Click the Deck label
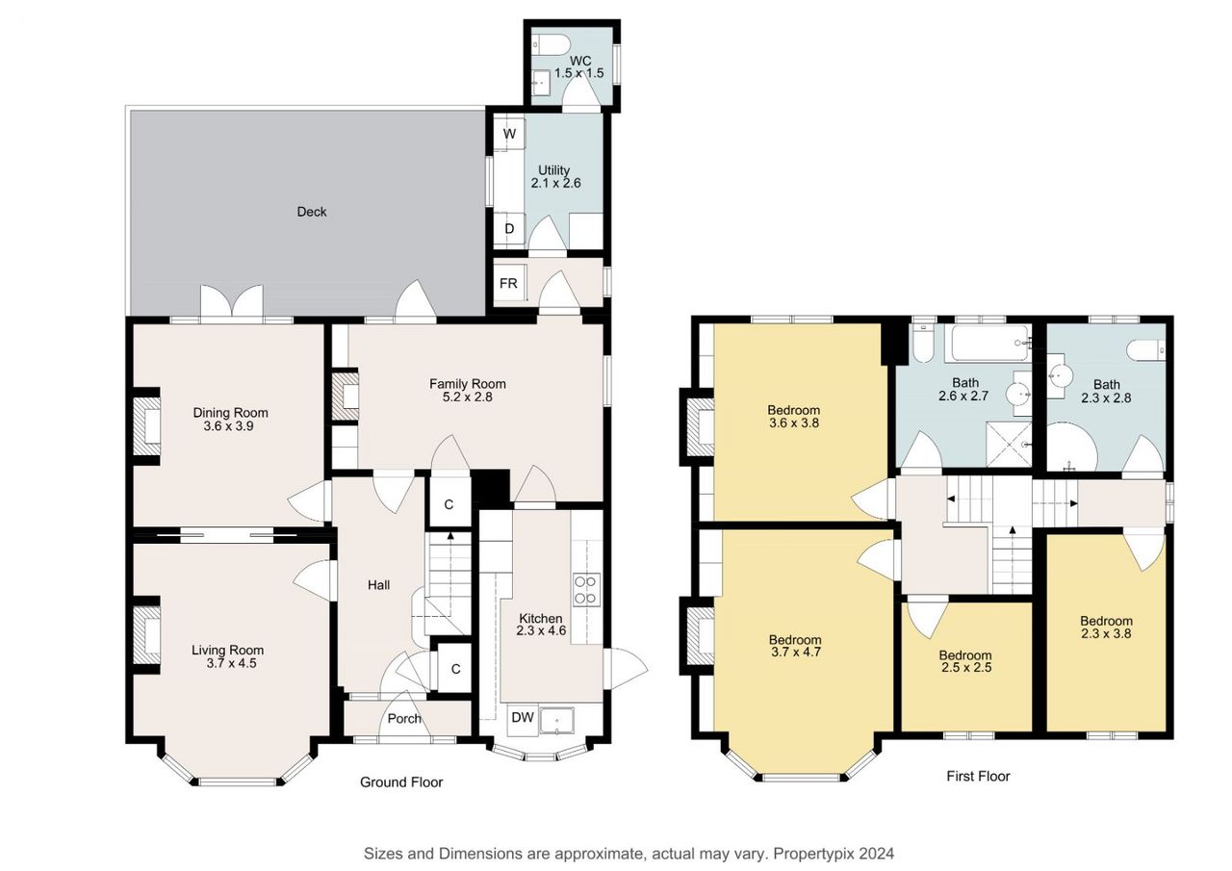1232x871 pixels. (x=311, y=212)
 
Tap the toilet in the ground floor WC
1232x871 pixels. (x=551, y=45)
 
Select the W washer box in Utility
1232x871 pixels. (x=509, y=133)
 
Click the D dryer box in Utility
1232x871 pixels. (x=509, y=229)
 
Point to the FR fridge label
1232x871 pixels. (x=508, y=283)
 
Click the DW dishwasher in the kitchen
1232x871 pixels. (x=523, y=718)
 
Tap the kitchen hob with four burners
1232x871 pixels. (x=586, y=590)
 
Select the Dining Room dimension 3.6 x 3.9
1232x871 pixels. (x=229, y=426)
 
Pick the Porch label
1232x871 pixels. (x=404, y=719)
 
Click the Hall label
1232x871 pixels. (x=379, y=585)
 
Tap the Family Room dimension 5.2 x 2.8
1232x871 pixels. (x=468, y=397)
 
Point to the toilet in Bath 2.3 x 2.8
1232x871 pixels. (x=1145, y=349)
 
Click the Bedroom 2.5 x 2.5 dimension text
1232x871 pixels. (x=966, y=668)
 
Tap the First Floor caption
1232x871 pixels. (x=978, y=776)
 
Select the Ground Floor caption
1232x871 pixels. (x=401, y=781)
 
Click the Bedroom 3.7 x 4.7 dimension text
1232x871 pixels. (x=796, y=653)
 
